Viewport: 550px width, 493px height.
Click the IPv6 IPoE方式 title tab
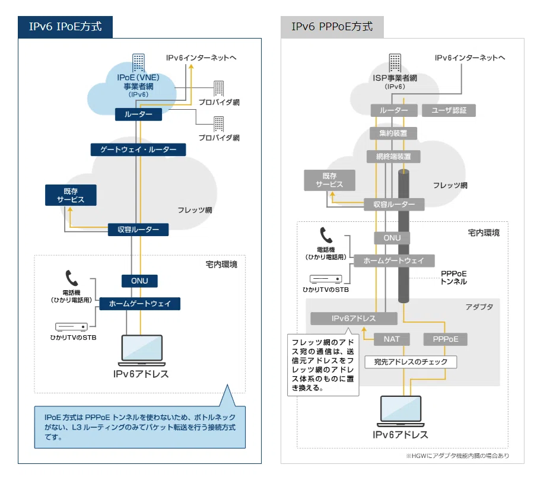[65, 27]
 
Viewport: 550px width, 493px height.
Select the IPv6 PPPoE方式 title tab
[332, 27]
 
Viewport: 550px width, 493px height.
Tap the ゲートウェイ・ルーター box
[138, 150]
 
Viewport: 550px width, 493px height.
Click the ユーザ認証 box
[449, 110]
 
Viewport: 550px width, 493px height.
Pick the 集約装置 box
[393, 133]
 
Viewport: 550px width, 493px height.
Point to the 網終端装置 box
[393, 157]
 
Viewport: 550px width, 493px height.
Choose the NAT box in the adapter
[392, 339]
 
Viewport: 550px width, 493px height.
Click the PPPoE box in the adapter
[446, 339]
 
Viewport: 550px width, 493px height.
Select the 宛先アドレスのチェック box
[411, 362]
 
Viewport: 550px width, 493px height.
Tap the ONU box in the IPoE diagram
[139, 281]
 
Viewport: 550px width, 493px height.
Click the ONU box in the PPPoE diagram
[392, 238]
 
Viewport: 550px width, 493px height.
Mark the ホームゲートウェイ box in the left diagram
[140, 304]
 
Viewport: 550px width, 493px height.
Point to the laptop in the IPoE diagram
[142, 350]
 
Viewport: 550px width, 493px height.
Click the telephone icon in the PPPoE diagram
[326, 236]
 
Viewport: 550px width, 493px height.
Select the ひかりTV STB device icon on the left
[71, 327]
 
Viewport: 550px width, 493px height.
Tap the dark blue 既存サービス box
[71, 195]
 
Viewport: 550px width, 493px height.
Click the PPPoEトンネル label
[453, 278]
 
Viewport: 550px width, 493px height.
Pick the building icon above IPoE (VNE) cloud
[138, 62]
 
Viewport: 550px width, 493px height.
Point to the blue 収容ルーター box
[138, 230]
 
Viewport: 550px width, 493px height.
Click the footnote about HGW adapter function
[457, 456]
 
